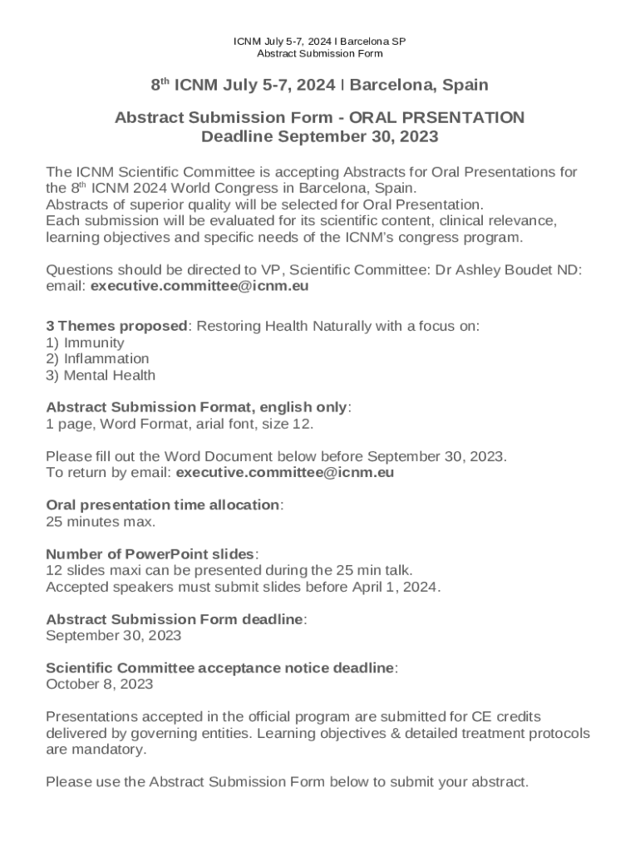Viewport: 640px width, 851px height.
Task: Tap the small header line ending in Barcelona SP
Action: [x=319, y=41]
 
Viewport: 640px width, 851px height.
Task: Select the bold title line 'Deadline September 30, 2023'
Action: [x=319, y=136]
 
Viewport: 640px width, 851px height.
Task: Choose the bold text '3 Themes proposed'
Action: [x=117, y=327]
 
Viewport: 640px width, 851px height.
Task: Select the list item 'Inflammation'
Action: [x=106, y=358]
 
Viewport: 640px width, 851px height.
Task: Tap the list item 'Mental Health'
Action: [x=109, y=375]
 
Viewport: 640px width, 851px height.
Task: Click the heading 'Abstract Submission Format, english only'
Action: [x=197, y=407]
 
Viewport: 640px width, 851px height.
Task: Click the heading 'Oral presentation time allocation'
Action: [x=164, y=505]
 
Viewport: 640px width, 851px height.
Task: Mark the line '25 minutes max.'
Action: [x=101, y=522]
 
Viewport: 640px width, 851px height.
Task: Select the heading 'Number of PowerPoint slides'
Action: [x=150, y=554]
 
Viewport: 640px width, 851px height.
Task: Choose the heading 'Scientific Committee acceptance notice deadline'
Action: [x=220, y=668]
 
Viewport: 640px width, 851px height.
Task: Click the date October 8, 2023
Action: [x=99, y=685]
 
